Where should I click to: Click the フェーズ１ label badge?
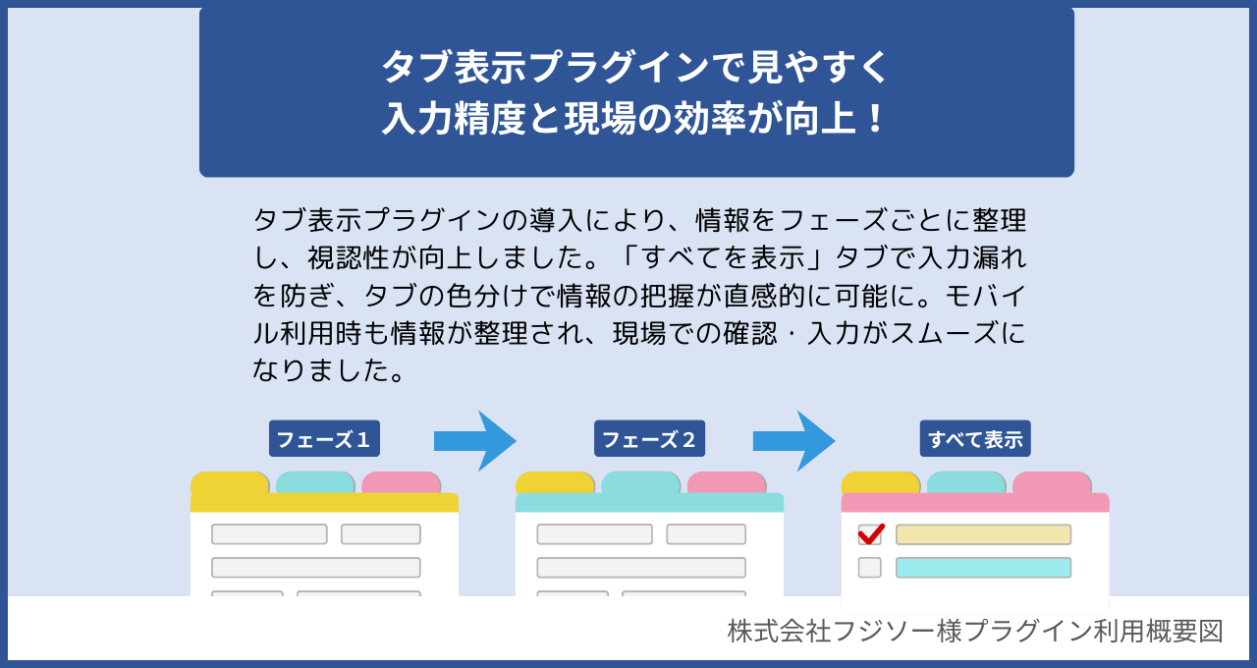pyautogui.click(x=324, y=439)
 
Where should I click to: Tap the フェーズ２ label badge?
pyautogui.click(x=649, y=439)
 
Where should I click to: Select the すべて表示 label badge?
pyautogui.click(x=975, y=439)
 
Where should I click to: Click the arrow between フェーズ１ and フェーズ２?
pyautogui.click(x=475, y=441)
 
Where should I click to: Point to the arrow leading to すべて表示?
pyautogui.click(x=794, y=441)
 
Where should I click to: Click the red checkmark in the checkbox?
pyautogui.click(x=870, y=533)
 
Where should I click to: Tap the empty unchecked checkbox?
pyautogui.click(x=869, y=567)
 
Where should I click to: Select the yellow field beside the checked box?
pyautogui.click(x=983, y=534)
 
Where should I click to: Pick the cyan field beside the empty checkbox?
pyautogui.click(x=983, y=568)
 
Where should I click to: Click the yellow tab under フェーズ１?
pyautogui.click(x=230, y=482)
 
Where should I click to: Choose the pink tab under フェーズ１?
pyautogui.click(x=401, y=482)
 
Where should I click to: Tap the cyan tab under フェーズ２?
pyautogui.click(x=640, y=482)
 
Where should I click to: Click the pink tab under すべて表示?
pyautogui.click(x=1052, y=482)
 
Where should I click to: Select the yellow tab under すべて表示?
pyautogui.click(x=881, y=482)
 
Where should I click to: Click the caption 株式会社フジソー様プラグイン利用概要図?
pyautogui.click(x=975, y=631)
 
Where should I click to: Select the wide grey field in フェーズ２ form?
pyautogui.click(x=641, y=568)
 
